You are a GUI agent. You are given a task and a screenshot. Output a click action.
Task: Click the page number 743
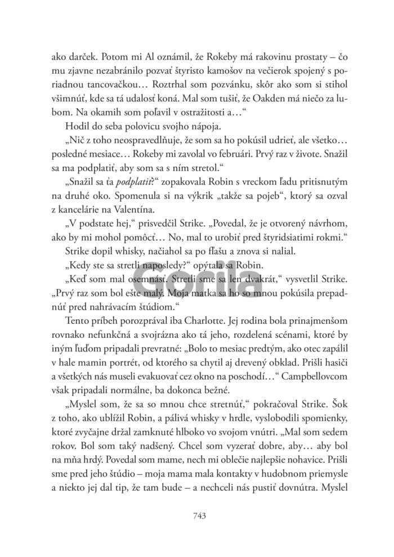(197, 515)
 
